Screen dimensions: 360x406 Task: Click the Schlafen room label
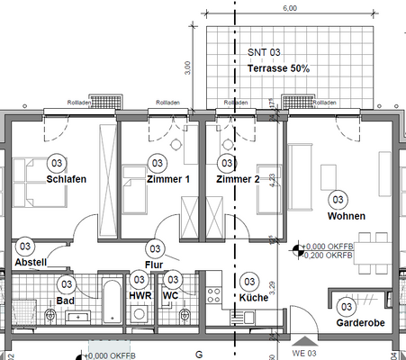tap(66, 179)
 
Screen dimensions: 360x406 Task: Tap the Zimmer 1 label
tap(167, 179)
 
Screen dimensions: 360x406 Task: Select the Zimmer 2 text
tap(238, 179)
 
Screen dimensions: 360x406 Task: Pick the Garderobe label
tap(354, 322)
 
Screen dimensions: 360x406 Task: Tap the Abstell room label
tap(30, 262)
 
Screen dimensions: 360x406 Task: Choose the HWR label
tap(140, 295)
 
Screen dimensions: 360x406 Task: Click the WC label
tap(171, 295)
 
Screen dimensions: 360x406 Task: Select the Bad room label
tap(65, 301)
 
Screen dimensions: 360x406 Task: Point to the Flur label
tap(153, 265)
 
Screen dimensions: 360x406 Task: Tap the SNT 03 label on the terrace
tap(265, 54)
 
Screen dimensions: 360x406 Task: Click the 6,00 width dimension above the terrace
tap(290, 8)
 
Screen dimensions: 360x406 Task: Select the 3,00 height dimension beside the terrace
tap(187, 67)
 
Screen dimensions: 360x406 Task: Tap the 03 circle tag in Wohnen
tap(338, 199)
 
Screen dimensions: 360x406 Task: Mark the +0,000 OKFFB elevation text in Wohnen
tap(329, 246)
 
